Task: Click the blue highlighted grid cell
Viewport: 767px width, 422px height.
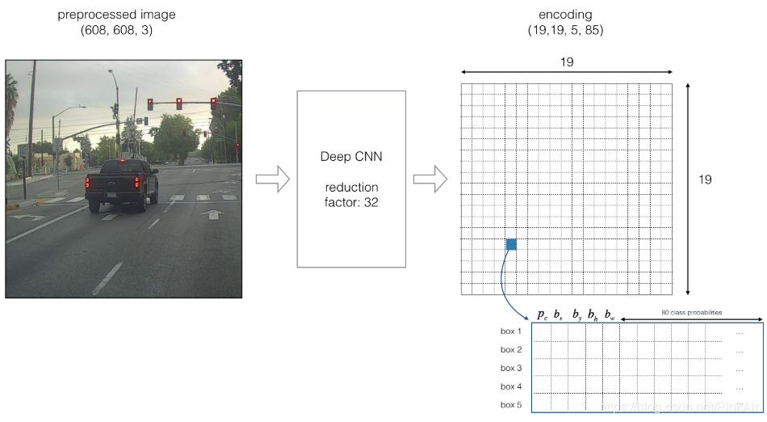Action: (x=512, y=244)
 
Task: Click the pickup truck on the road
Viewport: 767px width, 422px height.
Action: (x=121, y=184)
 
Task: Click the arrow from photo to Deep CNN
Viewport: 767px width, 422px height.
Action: (x=272, y=180)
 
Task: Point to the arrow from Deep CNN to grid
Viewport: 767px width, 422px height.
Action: (x=430, y=180)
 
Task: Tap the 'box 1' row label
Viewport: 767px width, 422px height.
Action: (x=511, y=331)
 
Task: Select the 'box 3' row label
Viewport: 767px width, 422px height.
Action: (x=511, y=368)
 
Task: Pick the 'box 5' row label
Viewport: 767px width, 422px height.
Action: (x=511, y=405)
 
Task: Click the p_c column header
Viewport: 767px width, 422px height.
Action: (x=542, y=315)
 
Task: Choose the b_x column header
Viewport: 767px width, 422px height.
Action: (x=559, y=315)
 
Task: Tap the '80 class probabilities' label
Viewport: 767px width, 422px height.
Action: (x=691, y=312)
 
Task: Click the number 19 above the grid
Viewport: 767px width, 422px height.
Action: (x=566, y=62)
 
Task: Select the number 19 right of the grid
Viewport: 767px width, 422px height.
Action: (x=705, y=179)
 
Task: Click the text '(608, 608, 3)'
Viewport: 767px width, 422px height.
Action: (x=116, y=31)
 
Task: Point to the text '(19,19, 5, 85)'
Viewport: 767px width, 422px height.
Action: (x=564, y=31)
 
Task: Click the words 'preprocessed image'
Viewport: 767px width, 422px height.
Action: (x=116, y=15)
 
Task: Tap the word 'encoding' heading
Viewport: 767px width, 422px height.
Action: (x=564, y=15)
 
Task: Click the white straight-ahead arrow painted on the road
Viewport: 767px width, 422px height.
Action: (x=212, y=214)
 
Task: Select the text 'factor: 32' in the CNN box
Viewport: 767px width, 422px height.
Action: (x=350, y=203)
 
